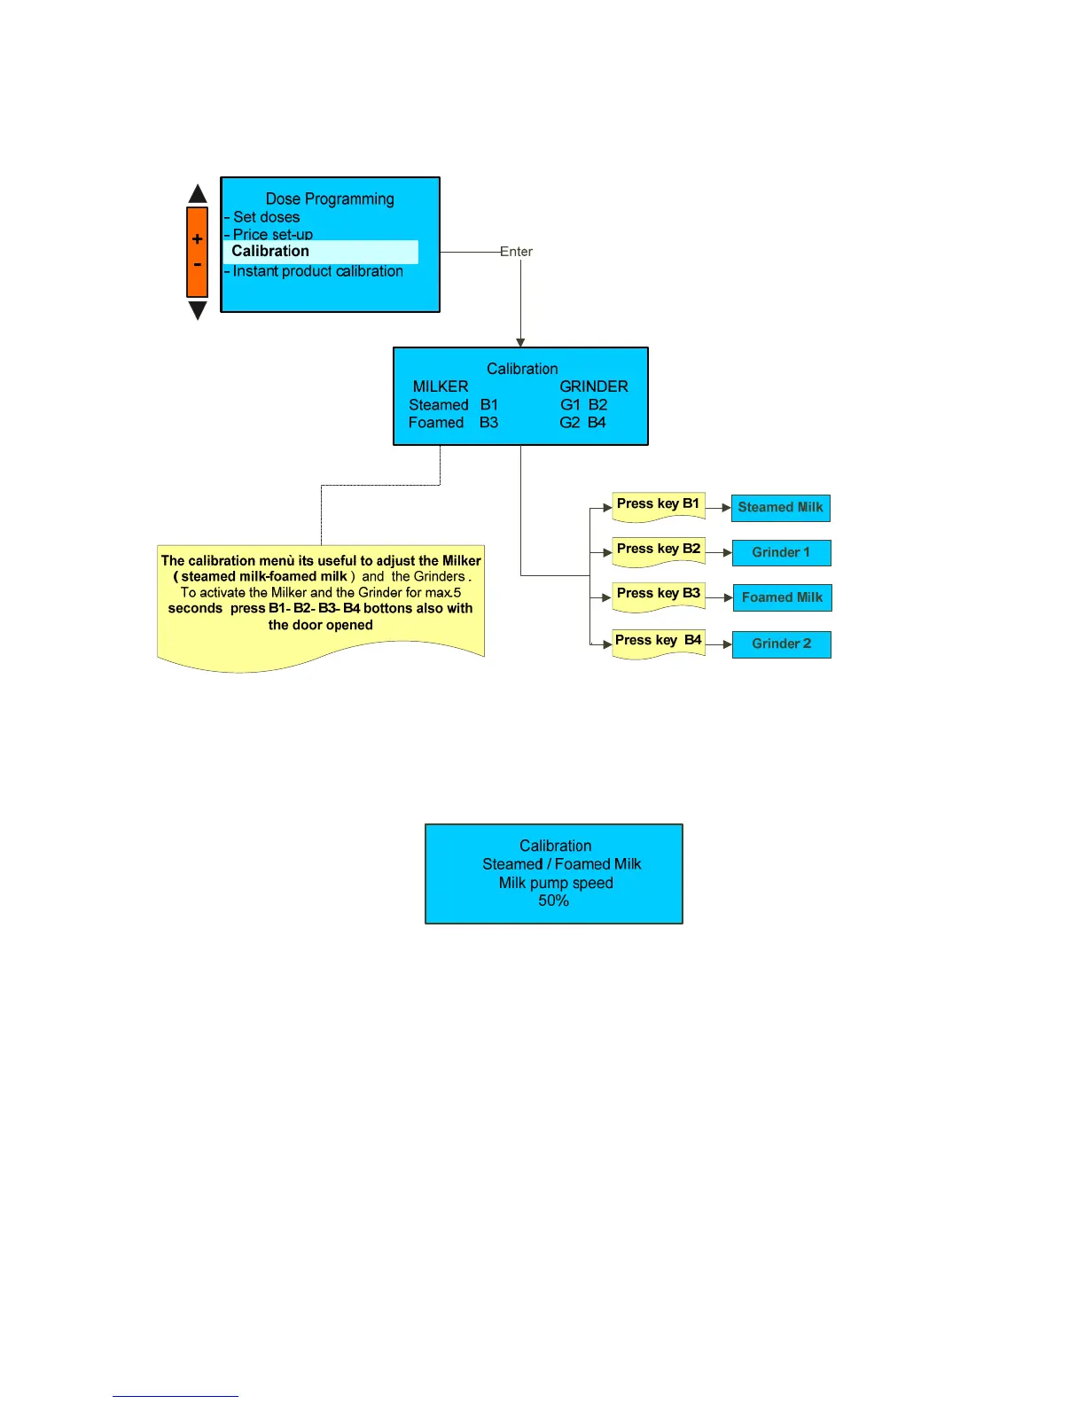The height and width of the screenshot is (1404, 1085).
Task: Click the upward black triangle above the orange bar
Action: pos(198,194)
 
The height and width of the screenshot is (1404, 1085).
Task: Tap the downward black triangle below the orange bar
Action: pos(198,309)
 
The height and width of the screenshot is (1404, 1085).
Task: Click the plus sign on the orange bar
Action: pos(197,239)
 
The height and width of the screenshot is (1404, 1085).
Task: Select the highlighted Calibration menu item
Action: pos(270,252)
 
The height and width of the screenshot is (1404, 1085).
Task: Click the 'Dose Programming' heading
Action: pos(330,199)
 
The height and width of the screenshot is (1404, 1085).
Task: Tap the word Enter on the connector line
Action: pos(516,252)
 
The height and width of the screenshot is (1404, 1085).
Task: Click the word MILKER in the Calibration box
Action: pos(441,386)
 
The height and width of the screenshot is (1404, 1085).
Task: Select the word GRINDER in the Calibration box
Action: pos(594,386)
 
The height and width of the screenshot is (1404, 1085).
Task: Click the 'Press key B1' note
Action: pos(658,504)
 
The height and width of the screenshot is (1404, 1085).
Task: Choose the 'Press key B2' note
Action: pos(659,550)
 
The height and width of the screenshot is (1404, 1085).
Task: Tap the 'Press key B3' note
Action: pos(659,594)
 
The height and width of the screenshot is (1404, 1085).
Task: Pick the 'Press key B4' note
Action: pos(659,641)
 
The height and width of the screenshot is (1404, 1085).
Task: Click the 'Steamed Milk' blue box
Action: pos(780,508)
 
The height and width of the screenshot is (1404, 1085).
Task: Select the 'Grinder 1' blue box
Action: pos(781,553)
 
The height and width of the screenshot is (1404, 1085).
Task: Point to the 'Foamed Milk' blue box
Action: pos(782,598)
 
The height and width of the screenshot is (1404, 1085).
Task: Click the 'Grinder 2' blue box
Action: pos(781,644)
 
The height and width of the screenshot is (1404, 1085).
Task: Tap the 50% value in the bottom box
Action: pos(554,901)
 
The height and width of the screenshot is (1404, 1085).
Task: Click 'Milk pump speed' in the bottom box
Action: pos(556,883)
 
